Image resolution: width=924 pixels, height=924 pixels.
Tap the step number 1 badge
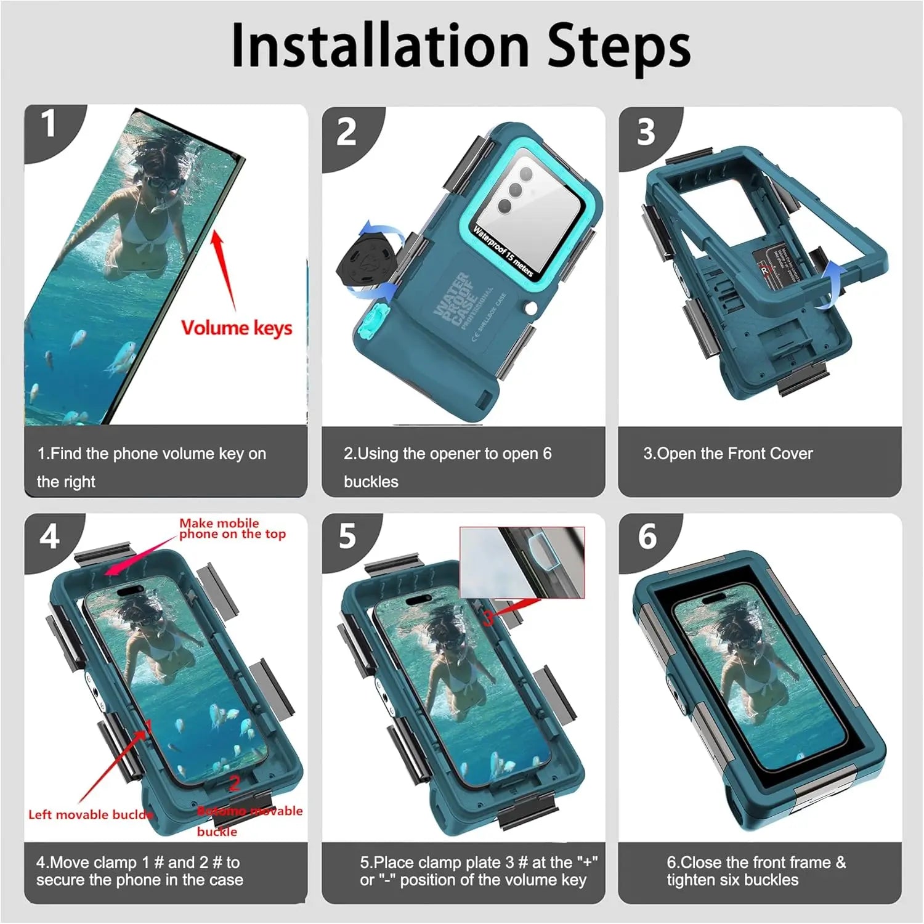[x=48, y=125]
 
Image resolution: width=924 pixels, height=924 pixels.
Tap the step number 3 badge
[x=645, y=132]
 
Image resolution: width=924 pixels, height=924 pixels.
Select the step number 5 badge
[x=347, y=536]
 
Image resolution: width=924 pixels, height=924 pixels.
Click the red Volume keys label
[x=237, y=328]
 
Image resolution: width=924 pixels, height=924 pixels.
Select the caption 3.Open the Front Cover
[x=727, y=454]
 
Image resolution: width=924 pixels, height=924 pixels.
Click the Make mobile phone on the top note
[x=232, y=529]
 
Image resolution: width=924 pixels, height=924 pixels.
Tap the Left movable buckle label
[x=90, y=814]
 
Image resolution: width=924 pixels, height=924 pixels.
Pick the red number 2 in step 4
[x=234, y=783]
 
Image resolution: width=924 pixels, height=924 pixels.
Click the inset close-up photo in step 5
[x=522, y=562]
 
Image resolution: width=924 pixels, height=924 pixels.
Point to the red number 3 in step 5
[x=487, y=617]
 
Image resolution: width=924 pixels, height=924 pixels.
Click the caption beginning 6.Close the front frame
[x=756, y=870]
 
